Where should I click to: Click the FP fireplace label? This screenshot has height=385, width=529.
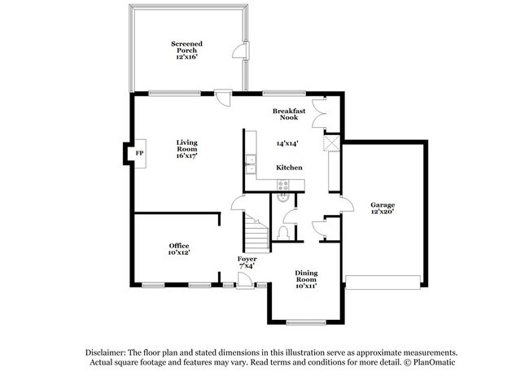pos(139,153)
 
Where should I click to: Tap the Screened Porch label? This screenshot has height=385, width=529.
pos(186,50)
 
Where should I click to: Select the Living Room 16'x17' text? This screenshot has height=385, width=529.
pos(187,148)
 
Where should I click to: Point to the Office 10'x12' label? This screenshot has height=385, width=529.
pos(179,248)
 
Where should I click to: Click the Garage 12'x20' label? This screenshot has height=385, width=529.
pos(383,208)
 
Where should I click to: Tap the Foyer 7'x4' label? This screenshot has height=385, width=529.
pos(247,262)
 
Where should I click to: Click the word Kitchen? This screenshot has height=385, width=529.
pos(289,168)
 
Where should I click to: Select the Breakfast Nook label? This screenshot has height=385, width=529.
pos(288,114)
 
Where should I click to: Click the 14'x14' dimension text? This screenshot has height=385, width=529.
pos(286,143)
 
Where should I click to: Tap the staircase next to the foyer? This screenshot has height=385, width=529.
pos(257,234)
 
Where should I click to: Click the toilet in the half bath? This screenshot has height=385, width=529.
pos(282,233)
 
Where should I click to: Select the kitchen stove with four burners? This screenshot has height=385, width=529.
pos(282,184)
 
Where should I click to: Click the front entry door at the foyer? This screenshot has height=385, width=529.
pos(243,282)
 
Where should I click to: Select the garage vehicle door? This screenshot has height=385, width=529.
pos(383,282)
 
